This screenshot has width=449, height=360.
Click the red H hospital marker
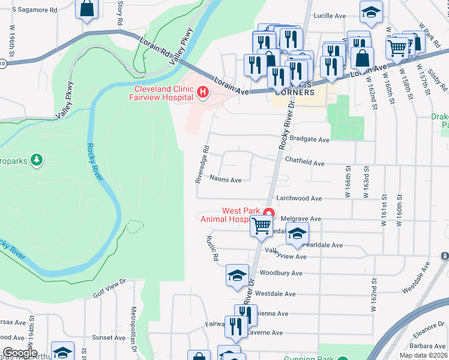point(202,92)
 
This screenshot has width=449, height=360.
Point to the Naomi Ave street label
point(226,179)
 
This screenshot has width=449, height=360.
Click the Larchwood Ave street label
point(299,198)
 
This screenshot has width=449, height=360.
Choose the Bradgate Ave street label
point(310,139)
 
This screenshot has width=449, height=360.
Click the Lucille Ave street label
point(331,14)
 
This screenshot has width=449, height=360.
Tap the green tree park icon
point(37,160)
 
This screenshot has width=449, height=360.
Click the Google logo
point(19,353)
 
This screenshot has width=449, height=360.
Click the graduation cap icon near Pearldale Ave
point(297,235)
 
